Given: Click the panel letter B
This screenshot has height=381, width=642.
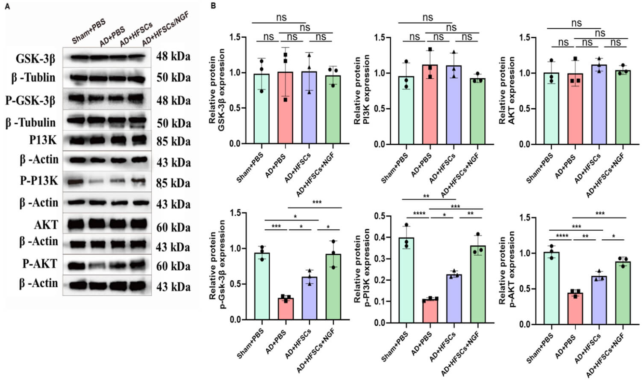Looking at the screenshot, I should point(213,6).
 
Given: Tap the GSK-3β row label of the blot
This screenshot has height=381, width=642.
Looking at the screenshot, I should point(35,58).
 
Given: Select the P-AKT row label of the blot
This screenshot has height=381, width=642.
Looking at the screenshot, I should point(40,264).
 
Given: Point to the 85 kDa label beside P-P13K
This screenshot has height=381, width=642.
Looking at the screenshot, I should point(173,183).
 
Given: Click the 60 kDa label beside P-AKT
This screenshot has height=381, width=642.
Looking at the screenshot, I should point(173,266).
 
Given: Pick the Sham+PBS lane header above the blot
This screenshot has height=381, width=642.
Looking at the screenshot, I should point(88,32).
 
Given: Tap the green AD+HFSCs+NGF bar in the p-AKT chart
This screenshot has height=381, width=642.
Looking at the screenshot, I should point(623,293).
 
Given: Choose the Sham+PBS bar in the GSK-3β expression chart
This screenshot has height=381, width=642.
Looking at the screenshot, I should point(262,109).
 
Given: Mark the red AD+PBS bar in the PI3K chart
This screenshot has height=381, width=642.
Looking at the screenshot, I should point(430,104).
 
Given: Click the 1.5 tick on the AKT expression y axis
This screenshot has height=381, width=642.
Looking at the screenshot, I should point(525,38).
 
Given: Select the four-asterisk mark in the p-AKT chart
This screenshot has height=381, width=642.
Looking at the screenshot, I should point(562,236).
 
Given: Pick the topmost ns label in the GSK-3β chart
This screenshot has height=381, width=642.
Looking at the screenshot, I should point(281,17).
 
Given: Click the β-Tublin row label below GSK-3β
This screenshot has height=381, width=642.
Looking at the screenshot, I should point(33,78).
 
